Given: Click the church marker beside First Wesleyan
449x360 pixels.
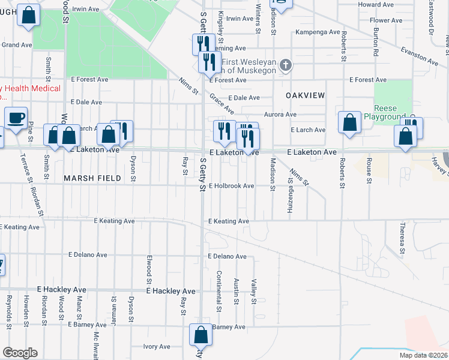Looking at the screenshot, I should click(x=286, y=65).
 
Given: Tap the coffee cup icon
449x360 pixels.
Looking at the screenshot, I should click(x=16, y=118).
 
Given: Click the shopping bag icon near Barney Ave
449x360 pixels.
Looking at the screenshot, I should click(x=200, y=335).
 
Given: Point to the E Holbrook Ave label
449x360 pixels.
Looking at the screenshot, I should click(x=232, y=186).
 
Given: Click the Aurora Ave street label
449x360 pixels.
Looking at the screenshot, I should click(x=280, y=114).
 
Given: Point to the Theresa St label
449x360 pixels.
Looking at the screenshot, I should click(x=404, y=238).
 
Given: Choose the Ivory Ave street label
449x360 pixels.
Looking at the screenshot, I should click(x=157, y=347).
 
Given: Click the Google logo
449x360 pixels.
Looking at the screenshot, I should click(x=20, y=353).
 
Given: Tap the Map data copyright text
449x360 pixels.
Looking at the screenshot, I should click(x=423, y=355).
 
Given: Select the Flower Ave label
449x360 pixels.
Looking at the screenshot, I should click(x=386, y=20).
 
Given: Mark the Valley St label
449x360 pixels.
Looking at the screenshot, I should click(x=255, y=291).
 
